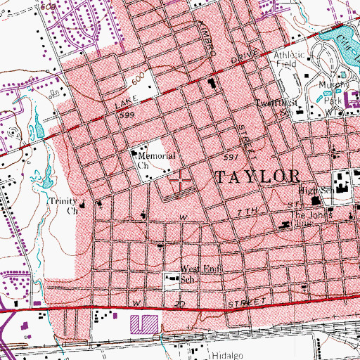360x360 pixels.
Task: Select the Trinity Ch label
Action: (x=63, y=205)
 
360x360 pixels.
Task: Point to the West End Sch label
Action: (x=180, y=274)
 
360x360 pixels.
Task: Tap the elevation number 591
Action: (x=233, y=156)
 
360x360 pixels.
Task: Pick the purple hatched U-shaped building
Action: (x=145, y=323)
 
